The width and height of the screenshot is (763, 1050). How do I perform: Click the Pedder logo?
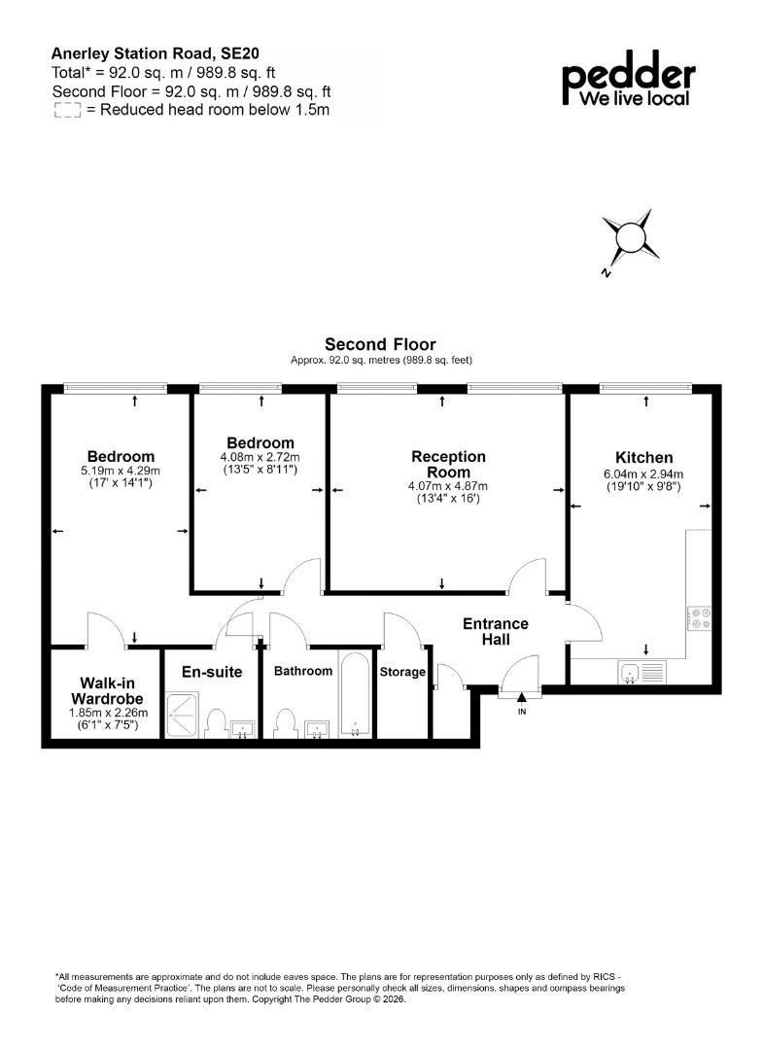pyautogui.click(x=629, y=79)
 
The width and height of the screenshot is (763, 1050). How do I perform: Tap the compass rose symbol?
pyautogui.click(x=629, y=240)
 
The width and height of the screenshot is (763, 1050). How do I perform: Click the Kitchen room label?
pyautogui.click(x=643, y=457)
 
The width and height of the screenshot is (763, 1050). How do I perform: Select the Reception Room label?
pyautogui.click(x=448, y=464)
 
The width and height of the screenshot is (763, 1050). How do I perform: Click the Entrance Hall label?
pyautogui.click(x=496, y=632)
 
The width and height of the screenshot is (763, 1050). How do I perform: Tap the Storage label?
pyautogui.click(x=402, y=672)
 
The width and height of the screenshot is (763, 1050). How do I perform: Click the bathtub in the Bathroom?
pyautogui.click(x=355, y=694)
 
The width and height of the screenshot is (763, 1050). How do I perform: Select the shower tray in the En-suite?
pyautogui.click(x=182, y=716)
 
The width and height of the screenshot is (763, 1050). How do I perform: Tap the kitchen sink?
pyautogui.click(x=642, y=673)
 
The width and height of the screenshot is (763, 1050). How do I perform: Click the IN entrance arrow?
pyautogui.click(x=521, y=697)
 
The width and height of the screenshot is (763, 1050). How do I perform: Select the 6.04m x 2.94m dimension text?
pyautogui.click(x=643, y=474)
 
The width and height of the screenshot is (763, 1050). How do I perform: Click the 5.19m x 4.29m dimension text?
pyautogui.click(x=121, y=471)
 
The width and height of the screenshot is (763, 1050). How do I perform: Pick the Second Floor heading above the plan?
pyautogui.click(x=380, y=344)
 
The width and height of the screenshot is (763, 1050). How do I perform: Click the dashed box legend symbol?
pyautogui.click(x=68, y=111)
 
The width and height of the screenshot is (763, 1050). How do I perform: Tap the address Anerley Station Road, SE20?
pyautogui.click(x=156, y=53)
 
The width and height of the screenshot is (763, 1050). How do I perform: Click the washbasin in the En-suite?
pyautogui.click(x=243, y=728)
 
